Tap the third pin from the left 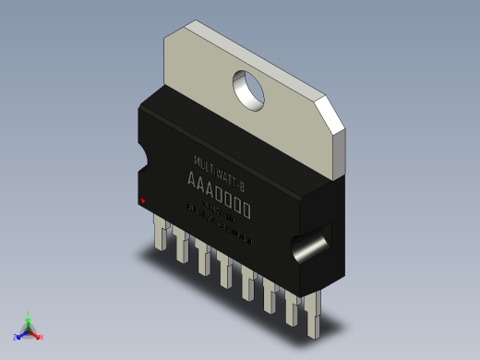(203, 258)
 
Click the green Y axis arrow (28, 322)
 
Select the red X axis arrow (36, 335)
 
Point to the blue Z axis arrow (20, 334)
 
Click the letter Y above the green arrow (28, 314)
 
